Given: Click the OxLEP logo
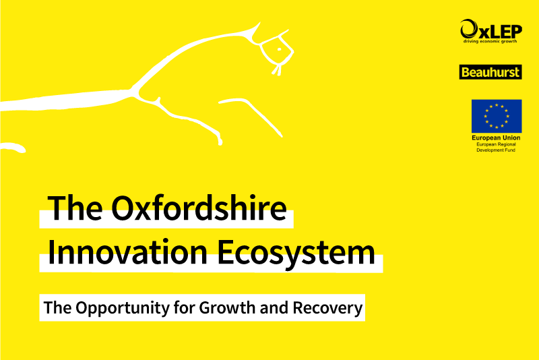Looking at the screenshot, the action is tap(491, 31).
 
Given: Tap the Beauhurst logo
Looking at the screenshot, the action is tap(490, 72).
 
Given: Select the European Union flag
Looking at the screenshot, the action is tap(497, 116).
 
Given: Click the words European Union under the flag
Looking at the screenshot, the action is tap(496, 138).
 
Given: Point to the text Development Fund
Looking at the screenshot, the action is tap(496, 150).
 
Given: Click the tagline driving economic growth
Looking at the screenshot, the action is tap(490, 41).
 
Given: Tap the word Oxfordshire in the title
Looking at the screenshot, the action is tap(199, 208).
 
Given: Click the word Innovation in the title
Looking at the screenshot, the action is tap(127, 252).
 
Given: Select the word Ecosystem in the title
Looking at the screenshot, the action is tap(296, 253).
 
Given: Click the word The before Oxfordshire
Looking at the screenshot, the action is tap(75, 208).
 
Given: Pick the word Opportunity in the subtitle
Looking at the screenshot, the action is tap(123, 307).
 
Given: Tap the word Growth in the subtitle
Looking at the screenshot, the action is tap(226, 307).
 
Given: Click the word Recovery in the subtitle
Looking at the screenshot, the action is tap(327, 308).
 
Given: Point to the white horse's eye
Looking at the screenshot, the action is tap(279, 49).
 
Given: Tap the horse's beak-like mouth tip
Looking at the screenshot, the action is tap(277, 71).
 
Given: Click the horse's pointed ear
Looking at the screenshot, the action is tap(255, 28).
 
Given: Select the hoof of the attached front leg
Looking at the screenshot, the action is tap(220, 140).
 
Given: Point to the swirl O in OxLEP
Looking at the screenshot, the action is tap(469, 29).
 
